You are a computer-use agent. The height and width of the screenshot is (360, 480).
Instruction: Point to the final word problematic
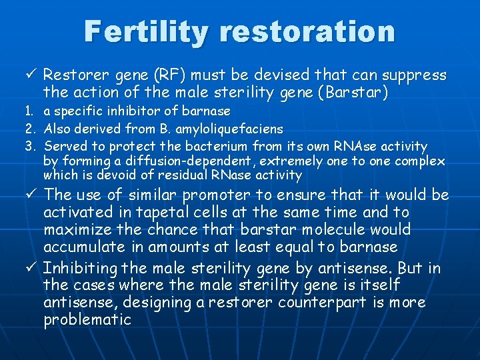coord(87,320)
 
